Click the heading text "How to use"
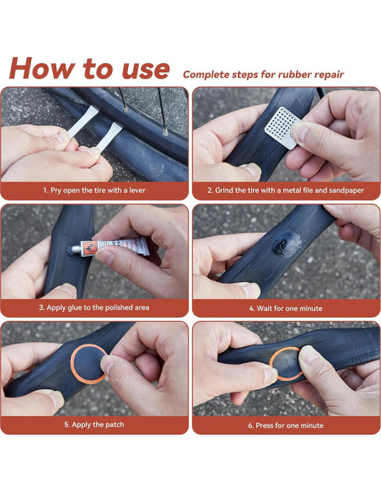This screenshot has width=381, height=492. tap(89, 68)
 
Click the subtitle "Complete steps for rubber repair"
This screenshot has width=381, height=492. tap(263, 75)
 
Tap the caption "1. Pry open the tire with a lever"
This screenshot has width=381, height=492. tap(94, 190)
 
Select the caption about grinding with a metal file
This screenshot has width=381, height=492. tap(286, 190)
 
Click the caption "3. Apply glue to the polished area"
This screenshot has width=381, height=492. tap(94, 307)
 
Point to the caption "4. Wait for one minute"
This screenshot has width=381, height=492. tap(286, 308)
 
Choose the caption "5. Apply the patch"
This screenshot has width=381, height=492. tap(94, 425)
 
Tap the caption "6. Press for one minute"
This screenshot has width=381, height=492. tap(286, 425)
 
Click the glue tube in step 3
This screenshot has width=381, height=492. tap(110, 247)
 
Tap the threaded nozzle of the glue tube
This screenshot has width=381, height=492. tap(76, 249)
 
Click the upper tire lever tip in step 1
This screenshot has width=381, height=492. tap(93, 111)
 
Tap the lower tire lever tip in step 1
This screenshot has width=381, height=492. tap(115, 129)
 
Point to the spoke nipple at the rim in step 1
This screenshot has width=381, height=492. tap(165, 132)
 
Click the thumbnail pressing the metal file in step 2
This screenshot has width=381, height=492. tap(300, 131)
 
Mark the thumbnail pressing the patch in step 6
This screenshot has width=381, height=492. tap(309, 354)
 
